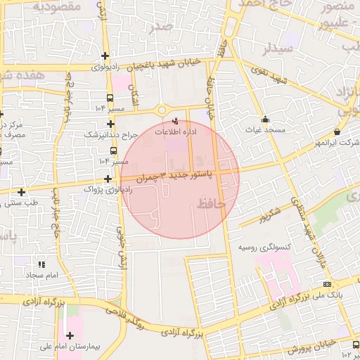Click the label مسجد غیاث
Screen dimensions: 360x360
(264, 131)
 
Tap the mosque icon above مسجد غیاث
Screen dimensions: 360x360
(265, 119)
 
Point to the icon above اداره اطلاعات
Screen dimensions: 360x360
(176, 121)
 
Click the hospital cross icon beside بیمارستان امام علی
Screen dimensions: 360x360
(69, 335)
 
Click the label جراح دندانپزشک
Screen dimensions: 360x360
(109, 134)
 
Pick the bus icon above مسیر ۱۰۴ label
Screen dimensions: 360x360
(110, 98)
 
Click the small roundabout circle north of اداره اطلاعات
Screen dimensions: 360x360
(162, 109)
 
